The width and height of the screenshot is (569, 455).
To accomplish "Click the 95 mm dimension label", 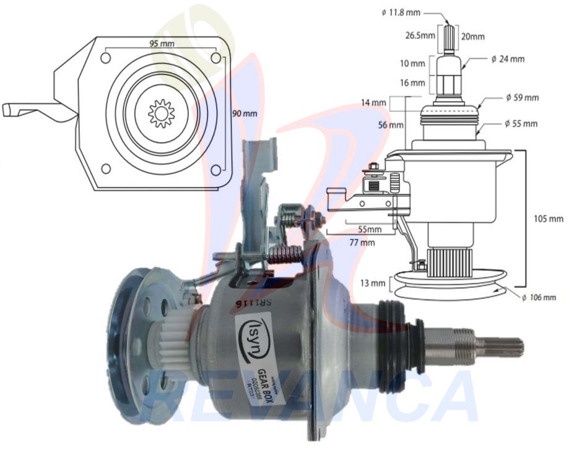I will [162, 44].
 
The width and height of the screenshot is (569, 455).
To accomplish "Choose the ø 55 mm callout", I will [521, 124].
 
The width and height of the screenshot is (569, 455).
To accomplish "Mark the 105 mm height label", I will [549, 219].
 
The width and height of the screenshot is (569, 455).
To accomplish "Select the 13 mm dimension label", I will [373, 283].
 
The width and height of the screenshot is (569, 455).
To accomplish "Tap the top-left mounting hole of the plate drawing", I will [105, 58].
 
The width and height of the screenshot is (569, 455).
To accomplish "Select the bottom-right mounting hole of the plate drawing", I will [215, 170].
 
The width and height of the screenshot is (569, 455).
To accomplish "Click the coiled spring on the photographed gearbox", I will [284, 254].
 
